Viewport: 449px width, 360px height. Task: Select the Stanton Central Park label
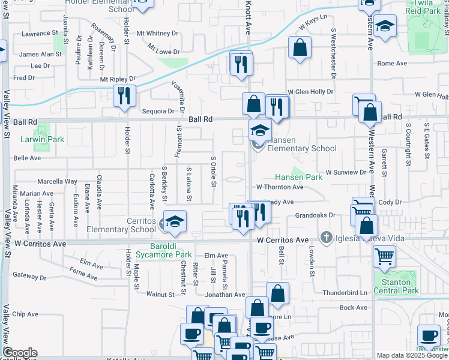point(396,286)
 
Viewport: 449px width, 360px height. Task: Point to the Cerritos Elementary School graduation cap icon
point(174,221)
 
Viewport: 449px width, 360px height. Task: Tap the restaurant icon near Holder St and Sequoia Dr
point(124,95)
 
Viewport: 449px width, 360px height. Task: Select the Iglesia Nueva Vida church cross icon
point(326,238)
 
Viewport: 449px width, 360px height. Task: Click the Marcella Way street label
point(58,181)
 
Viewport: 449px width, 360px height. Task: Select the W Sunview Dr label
point(346,172)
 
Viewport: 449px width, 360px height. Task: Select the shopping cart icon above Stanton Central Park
point(385,256)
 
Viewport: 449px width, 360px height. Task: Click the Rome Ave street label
point(393,63)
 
